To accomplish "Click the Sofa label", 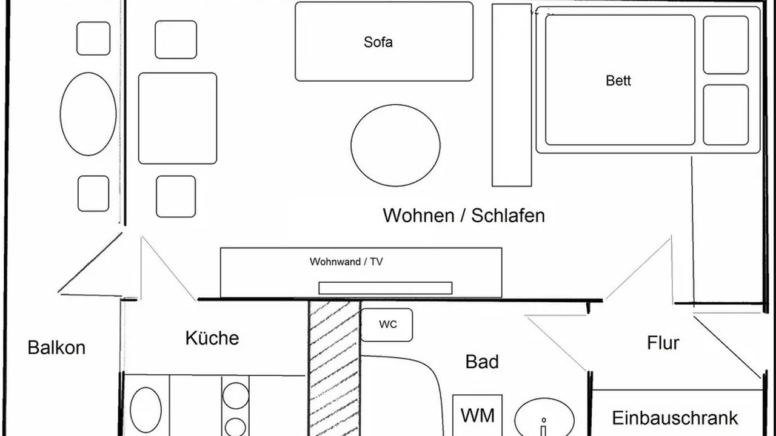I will coord(378,42).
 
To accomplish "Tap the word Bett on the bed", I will coord(618,81).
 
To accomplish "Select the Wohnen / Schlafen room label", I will coord(464,216).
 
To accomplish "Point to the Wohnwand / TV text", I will coord(346,262).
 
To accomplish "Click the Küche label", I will coord(212,338).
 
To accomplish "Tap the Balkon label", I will coord(56,348).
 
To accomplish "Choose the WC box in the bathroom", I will coord(387,325).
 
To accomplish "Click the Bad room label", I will coord(482,362).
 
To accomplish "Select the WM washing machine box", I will coord(478,415).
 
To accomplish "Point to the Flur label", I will coord(663,343).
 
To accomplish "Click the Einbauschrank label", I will coord(675,418).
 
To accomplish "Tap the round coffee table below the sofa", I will coord(395,145).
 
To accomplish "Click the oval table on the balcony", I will coord(88,114).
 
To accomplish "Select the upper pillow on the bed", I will coord(726,45).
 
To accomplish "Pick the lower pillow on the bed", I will coord(726,114).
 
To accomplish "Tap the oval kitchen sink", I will coord(146,410).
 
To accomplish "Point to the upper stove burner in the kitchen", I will coord(235,395).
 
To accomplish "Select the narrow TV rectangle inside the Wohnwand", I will coord(385,288).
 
